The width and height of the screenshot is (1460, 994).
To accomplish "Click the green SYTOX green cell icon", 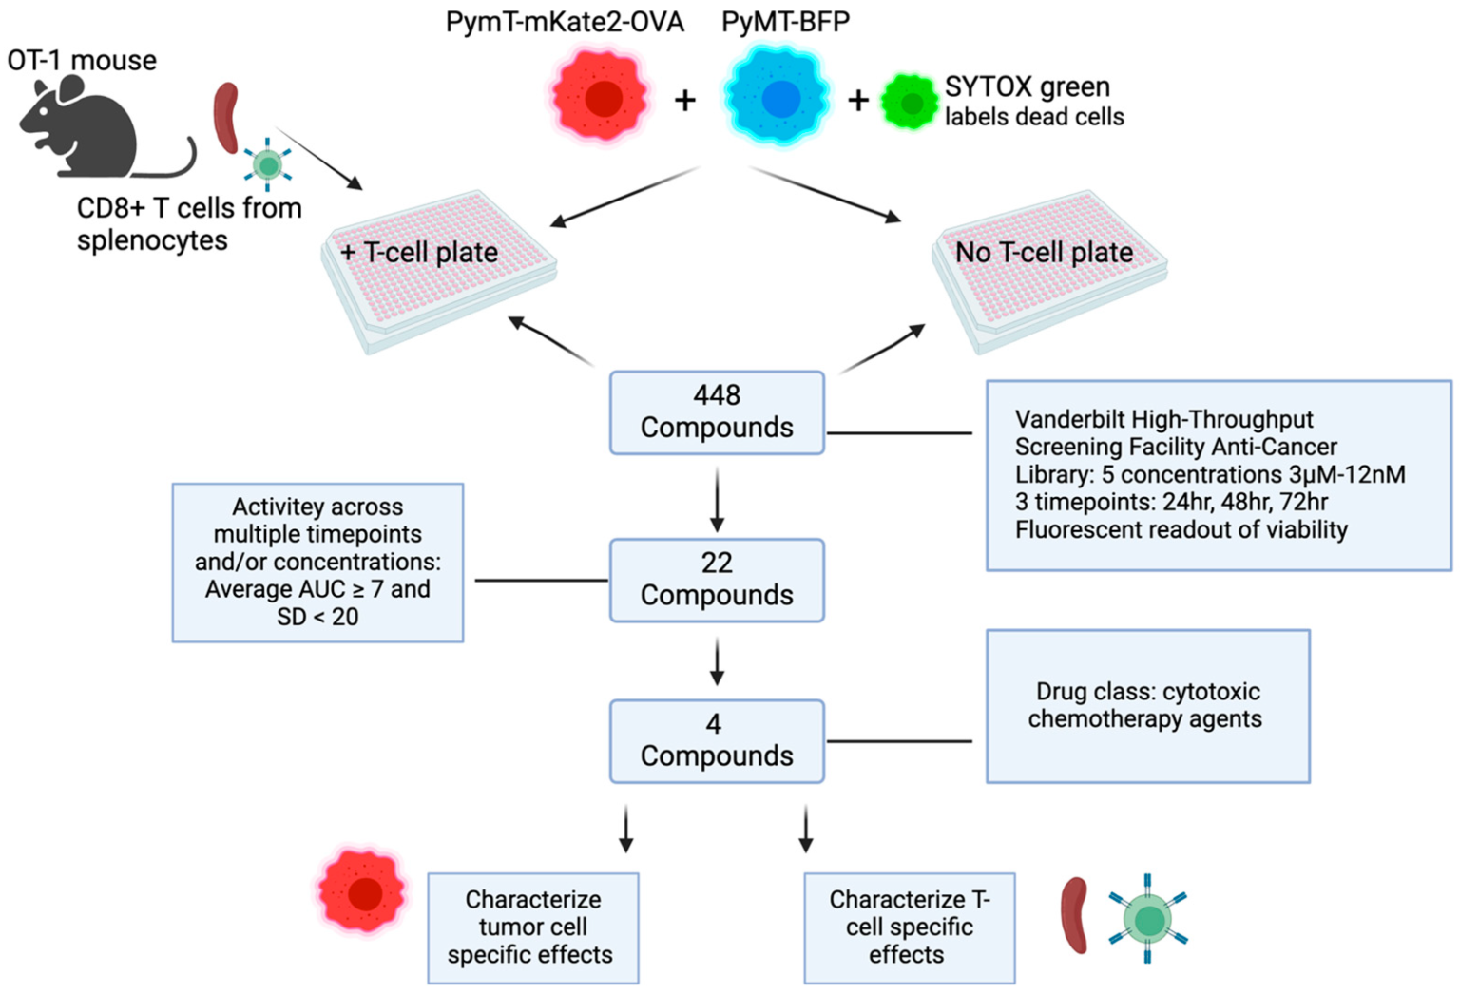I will tap(909, 103).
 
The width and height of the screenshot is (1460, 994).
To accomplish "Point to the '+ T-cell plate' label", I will tap(419, 253).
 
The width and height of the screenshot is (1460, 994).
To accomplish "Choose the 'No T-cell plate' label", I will tap(1044, 253).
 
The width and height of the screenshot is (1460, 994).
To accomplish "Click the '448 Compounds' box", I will tap(717, 412).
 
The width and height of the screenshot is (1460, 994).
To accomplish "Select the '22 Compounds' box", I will tap(717, 580).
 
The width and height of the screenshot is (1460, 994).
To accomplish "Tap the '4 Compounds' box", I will tap(717, 741).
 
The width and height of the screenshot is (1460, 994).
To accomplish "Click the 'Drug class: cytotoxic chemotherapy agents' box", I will tap(1147, 706).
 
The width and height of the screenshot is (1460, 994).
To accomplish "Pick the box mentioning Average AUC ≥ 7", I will tap(317, 563).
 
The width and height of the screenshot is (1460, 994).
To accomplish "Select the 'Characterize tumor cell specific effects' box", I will tap(532, 927).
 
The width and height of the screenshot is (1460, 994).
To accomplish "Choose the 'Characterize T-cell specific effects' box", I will tap(909, 927).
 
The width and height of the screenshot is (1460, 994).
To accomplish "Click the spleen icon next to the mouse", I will tap(225, 118).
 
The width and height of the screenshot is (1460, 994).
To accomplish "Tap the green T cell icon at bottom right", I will tap(1148, 920).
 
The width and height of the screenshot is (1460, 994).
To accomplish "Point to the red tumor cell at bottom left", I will tap(362, 892).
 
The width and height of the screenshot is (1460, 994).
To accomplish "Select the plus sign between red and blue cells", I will tap(685, 100).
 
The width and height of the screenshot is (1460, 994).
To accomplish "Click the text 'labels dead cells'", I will tap(1034, 117).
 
